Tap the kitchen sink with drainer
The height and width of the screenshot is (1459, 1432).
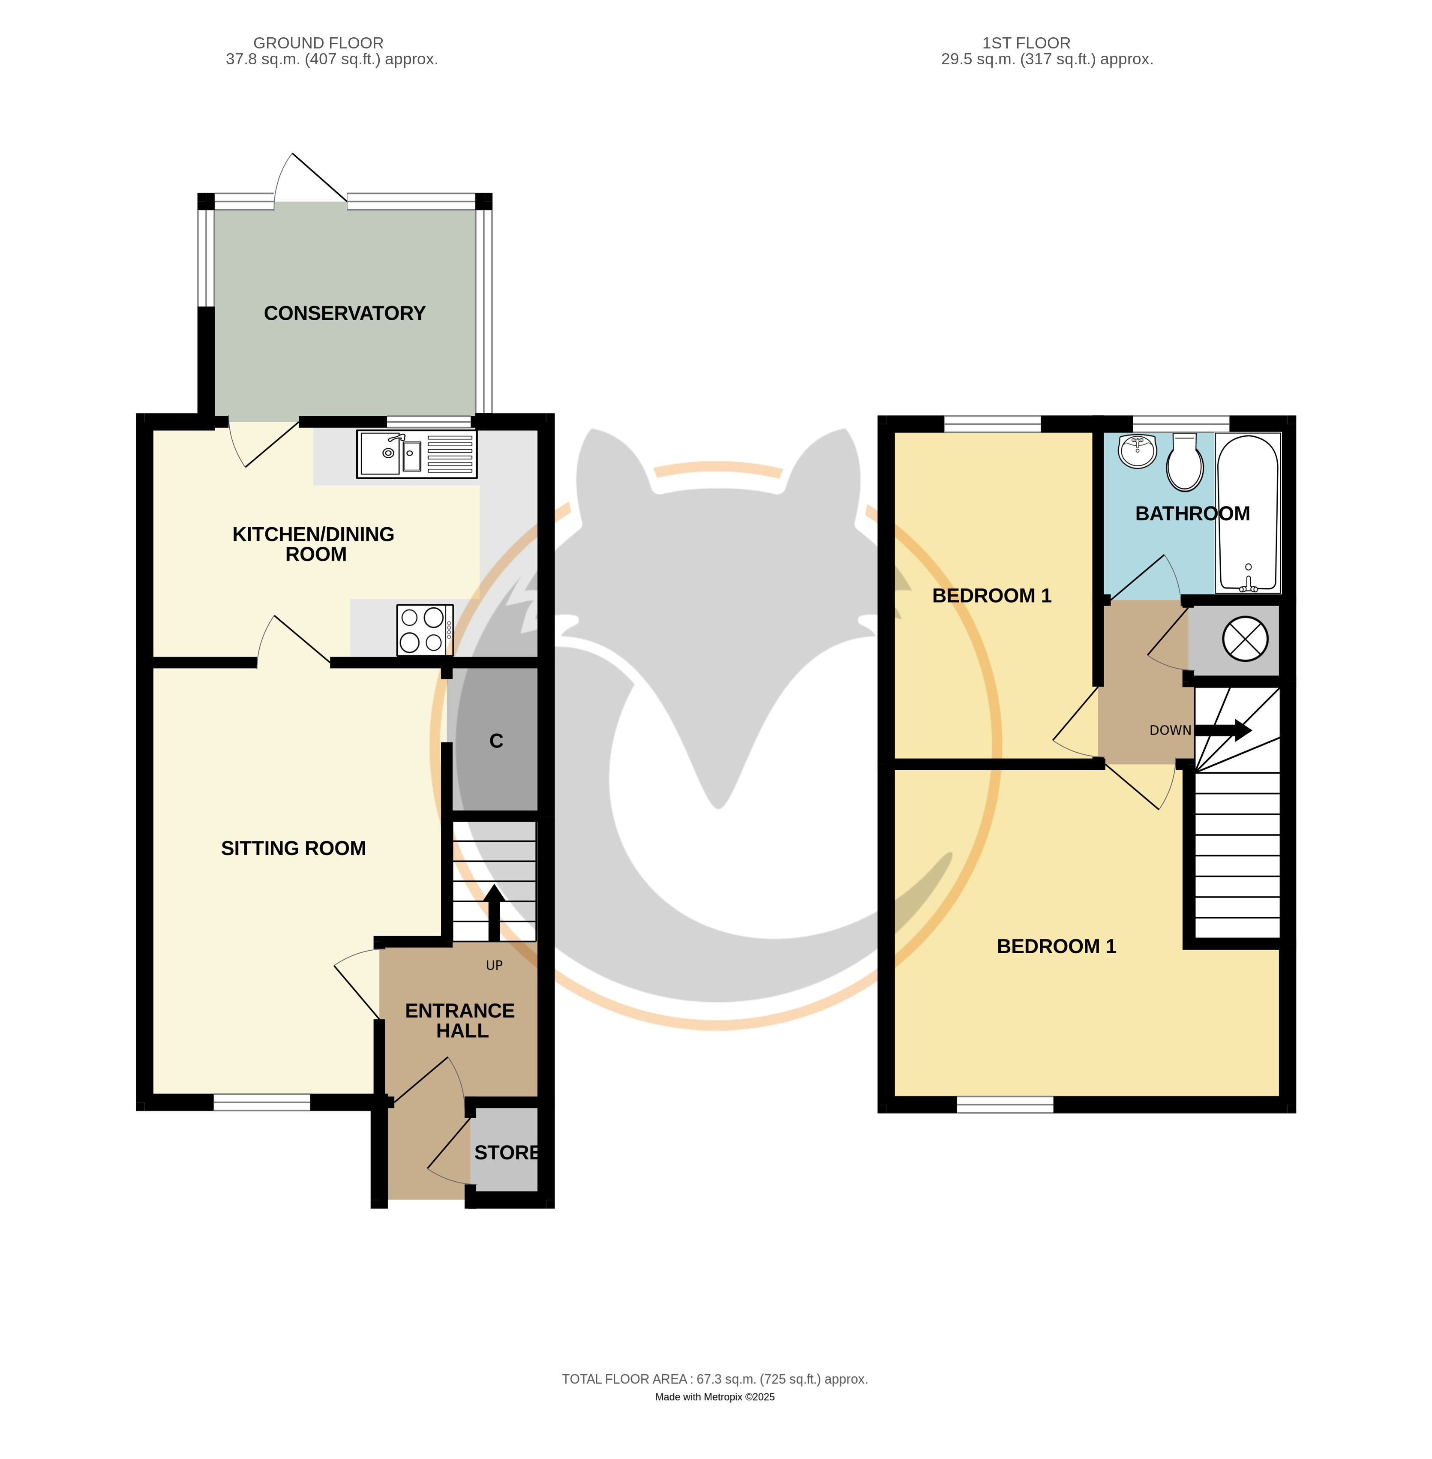click(417, 454)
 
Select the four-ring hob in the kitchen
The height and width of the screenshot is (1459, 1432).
click(425, 630)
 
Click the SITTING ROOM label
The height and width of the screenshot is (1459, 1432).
click(293, 848)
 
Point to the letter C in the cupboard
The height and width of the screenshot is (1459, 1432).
click(496, 741)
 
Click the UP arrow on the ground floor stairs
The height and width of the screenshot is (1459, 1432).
click(494, 913)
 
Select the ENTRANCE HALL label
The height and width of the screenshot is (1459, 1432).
click(460, 1021)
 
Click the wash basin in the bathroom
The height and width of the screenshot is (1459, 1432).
click(1138, 451)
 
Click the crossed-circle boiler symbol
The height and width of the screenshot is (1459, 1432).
click(1246, 639)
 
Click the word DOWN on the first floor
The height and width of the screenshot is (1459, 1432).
click(1170, 730)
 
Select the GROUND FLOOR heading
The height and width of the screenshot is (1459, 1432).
click(318, 43)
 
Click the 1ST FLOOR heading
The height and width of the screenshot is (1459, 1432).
click(1026, 43)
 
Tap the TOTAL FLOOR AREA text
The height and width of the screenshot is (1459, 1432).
click(714, 1379)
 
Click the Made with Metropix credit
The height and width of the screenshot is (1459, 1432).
click(714, 1397)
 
